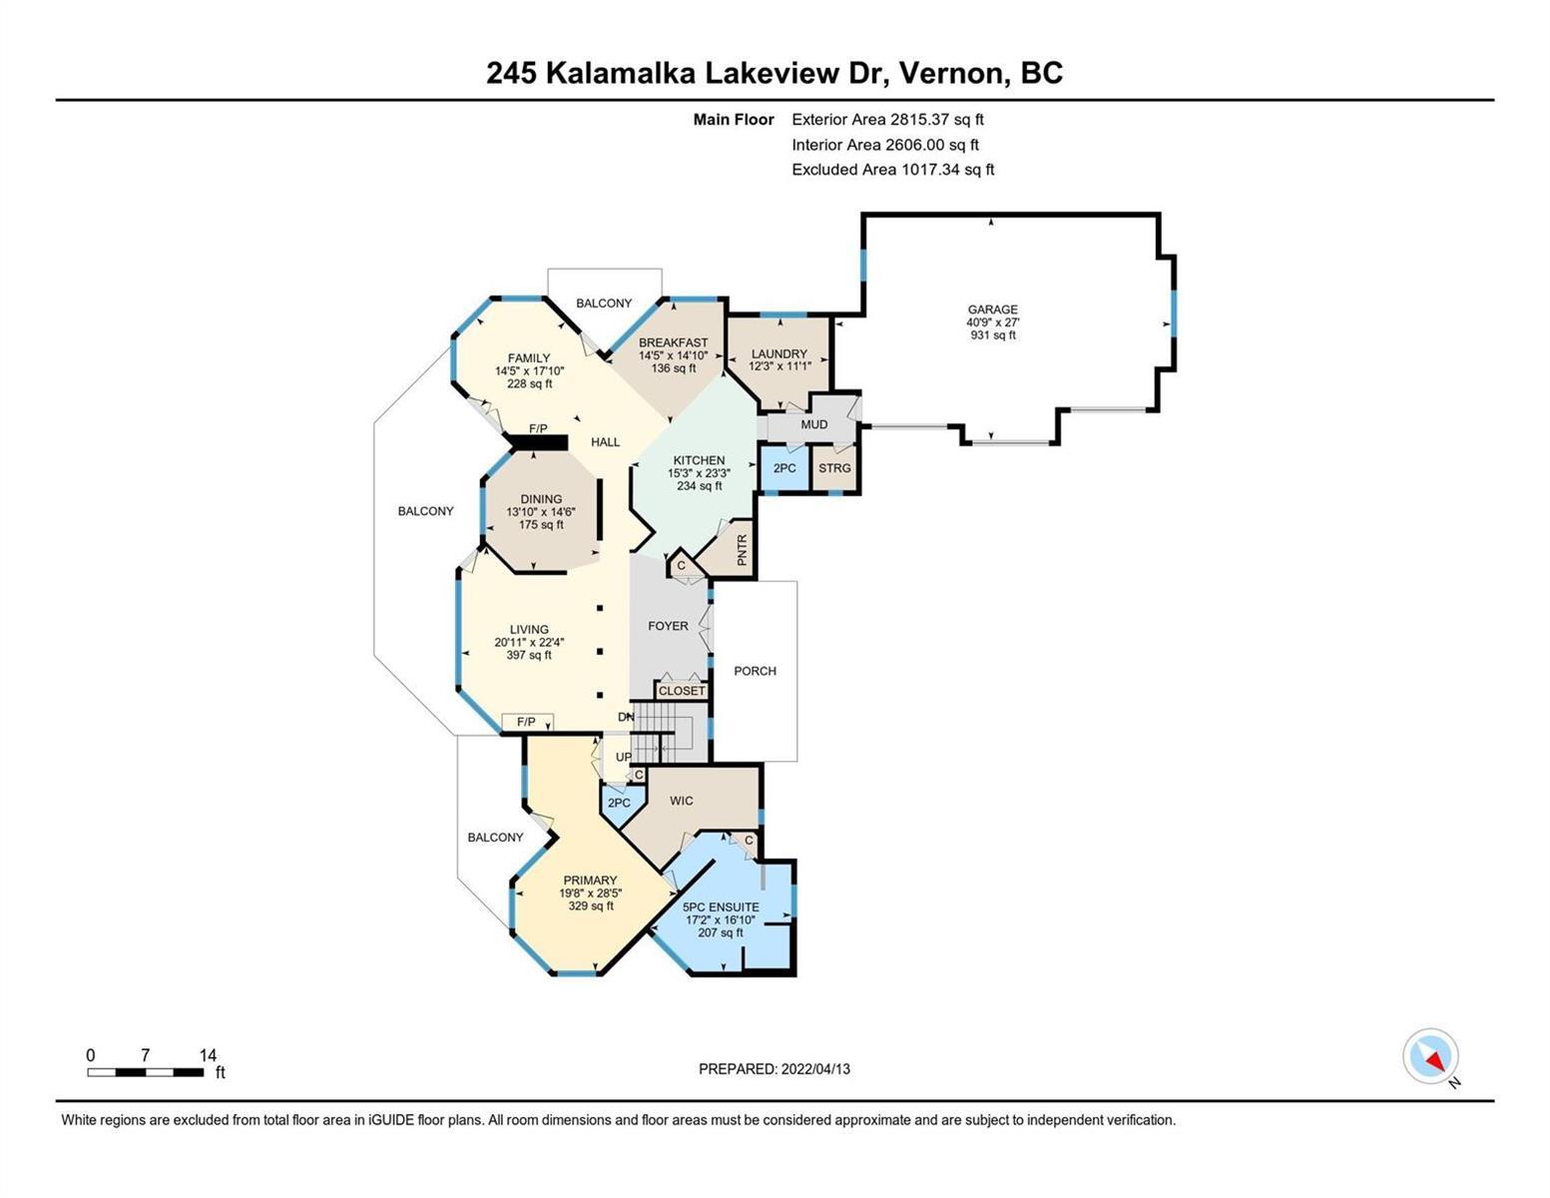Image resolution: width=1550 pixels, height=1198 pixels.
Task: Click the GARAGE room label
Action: (x=992, y=308)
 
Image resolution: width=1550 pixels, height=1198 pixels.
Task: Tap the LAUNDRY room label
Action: (x=778, y=353)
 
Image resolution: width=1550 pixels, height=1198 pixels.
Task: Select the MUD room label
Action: (x=813, y=424)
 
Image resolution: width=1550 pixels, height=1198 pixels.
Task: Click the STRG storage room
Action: (x=834, y=468)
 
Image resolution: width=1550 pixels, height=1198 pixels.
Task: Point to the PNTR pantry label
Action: (x=743, y=550)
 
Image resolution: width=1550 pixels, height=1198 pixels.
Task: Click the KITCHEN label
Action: (x=699, y=460)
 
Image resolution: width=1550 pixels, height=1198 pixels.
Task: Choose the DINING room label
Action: (x=541, y=499)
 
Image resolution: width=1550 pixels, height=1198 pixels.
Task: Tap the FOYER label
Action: (x=669, y=626)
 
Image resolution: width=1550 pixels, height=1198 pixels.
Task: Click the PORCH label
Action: (x=756, y=671)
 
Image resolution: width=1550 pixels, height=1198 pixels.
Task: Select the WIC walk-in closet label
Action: (x=682, y=801)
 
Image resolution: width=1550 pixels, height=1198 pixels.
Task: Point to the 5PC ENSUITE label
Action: (x=722, y=906)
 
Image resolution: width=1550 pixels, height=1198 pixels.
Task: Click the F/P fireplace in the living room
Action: (x=527, y=722)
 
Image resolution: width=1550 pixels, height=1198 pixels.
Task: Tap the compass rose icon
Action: (x=1430, y=1057)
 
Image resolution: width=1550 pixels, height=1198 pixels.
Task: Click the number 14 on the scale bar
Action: (x=208, y=1054)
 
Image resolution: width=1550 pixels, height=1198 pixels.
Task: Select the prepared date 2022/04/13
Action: (x=815, y=1069)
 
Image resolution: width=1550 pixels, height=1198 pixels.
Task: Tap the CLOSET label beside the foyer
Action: (x=682, y=691)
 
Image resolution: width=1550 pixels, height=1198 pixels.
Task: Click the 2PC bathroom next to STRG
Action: (x=784, y=468)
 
